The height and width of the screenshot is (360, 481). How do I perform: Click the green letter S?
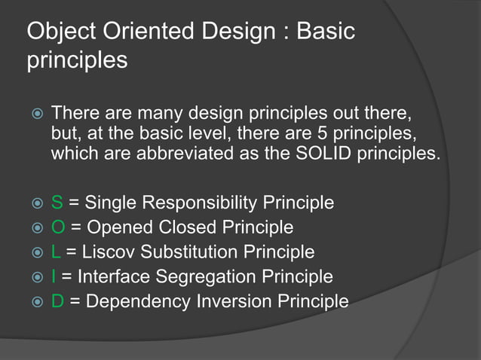point(57,203)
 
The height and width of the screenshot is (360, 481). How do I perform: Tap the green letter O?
point(58,227)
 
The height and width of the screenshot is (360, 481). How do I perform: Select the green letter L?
point(56,252)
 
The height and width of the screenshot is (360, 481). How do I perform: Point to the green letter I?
point(53,276)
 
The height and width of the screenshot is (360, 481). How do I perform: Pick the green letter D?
point(58,301)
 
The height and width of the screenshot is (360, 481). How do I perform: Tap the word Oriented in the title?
point(155,32)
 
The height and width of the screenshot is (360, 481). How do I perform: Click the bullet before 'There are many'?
point(35,114)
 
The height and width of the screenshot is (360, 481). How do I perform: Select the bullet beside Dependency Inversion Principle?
point(35,302)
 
